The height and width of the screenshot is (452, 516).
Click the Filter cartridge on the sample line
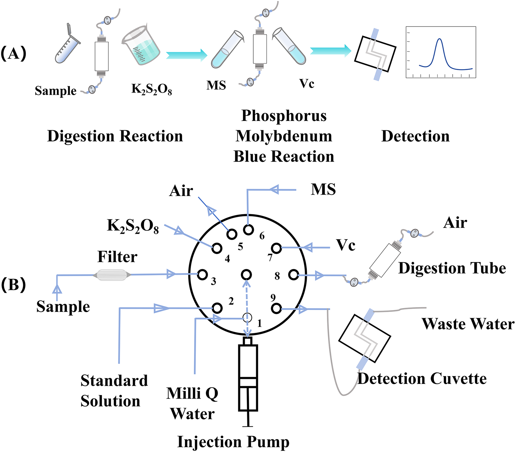(112, 275)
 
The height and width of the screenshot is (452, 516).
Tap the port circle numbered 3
(202, 275)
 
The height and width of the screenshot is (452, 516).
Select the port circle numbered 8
(293, 275)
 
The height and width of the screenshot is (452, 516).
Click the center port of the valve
(246, 275)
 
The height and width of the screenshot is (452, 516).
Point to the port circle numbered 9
(276, 308)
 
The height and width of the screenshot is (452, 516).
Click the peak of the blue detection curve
(439, 39)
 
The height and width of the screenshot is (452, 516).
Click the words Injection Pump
(233, 442)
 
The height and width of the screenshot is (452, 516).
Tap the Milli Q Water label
(192, 403)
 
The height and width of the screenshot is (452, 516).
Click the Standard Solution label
(114, 391)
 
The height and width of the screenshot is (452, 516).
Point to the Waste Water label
(468, 324)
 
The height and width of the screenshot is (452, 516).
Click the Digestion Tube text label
(452, 268)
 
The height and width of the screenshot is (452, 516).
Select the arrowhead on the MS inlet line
(274, 190)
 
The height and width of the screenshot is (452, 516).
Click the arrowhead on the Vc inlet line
(307, 247)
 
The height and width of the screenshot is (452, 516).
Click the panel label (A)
(14, 53)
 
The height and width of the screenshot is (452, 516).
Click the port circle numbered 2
(217, 308)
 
